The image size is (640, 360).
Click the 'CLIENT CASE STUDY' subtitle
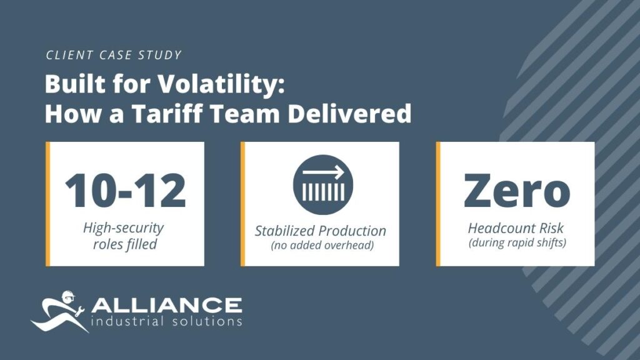point(114,55)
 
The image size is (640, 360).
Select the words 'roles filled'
point(124,244)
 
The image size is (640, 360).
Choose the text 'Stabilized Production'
point(321,231)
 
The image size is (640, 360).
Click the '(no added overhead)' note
point(322,245)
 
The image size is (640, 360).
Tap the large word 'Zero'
point(517,190)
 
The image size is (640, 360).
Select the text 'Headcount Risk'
point(517,229)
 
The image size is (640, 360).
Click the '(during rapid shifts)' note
point(517,242)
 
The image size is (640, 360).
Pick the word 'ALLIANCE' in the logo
point(166,306)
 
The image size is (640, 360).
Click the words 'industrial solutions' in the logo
point(166,321)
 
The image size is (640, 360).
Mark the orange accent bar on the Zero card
point(438,204)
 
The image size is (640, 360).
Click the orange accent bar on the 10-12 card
point(48,204)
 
